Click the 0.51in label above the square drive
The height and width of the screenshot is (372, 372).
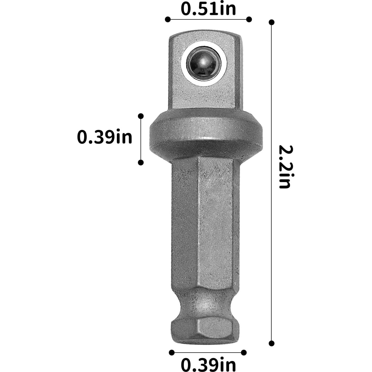[x=208, y=8]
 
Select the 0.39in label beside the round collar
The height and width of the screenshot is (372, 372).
[x=104, y=137]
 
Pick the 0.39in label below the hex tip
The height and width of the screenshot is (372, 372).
[x=208, y=364]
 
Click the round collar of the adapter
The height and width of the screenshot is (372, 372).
[x=206, y=134]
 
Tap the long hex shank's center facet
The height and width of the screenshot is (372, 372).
[x=215, y=223]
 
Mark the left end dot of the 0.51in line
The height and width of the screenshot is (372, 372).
[x=168, y=19]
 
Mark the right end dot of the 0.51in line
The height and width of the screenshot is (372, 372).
[x=249, y=19]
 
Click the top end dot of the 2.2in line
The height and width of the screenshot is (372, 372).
[x=272, y=22]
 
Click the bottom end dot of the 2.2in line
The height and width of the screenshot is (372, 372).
[x=272, y=343]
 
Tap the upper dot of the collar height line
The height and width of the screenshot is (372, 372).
[x=141, y=116]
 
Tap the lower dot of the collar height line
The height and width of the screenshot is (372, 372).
[x=141, y=163]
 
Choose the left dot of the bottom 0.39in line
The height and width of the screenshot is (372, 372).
[x=172, y=353]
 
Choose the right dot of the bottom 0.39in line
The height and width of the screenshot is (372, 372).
[x=244, y=353]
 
